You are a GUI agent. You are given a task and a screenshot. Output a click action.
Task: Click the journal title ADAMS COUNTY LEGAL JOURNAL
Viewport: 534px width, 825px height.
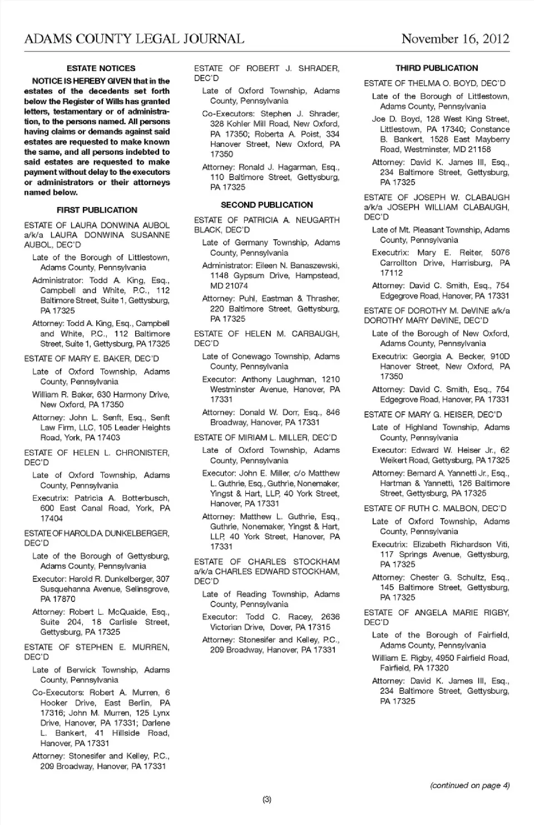[134, 39]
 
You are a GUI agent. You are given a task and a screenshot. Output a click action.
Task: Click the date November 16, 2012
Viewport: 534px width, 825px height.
[455, 39]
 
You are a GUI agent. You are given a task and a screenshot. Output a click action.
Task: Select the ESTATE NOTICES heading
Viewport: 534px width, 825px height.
[101, 68]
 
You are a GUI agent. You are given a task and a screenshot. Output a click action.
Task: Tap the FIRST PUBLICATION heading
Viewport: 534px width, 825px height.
[97, 210]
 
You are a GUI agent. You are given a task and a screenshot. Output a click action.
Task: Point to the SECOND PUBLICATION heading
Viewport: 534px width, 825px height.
[266, 205]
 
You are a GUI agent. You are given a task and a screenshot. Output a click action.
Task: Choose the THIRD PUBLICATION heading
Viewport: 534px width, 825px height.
[437, 68]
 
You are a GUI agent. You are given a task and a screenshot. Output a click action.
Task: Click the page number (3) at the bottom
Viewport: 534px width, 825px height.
[266, 799]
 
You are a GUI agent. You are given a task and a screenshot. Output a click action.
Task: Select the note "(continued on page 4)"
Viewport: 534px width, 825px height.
[469, 786]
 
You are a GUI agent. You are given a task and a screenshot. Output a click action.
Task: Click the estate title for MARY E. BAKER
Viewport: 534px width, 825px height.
[92, 358]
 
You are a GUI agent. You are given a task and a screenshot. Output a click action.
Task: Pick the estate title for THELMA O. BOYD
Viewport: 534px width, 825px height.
[434, 83]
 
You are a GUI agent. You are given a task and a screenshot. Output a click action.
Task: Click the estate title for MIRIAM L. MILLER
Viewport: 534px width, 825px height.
[265, 437]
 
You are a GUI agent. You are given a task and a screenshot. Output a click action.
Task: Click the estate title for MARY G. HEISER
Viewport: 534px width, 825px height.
[433, 414]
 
